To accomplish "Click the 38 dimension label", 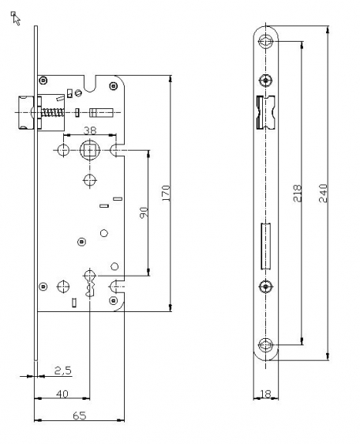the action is (x=90, y=130).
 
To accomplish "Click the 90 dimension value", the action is (x=144, y=212).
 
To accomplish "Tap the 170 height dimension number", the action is (x=166, y=193).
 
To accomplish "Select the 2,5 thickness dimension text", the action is (x=63, y=371).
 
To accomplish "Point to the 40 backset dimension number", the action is (x=62, y=393).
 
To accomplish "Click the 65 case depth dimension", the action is (x=79, y=416).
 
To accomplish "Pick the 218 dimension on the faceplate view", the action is (x=298, y=193).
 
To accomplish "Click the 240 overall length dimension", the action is (x=323, y=193).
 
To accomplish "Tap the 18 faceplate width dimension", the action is (x=265, y=393).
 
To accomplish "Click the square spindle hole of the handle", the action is (x=90, y=150).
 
